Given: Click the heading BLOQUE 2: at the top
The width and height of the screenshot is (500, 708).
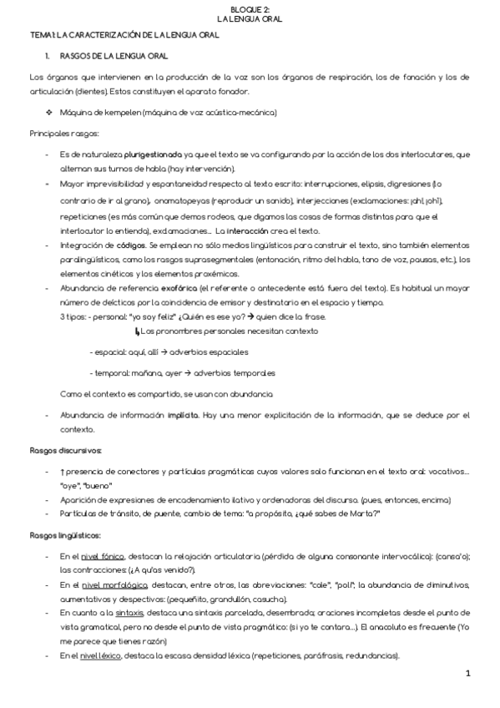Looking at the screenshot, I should [250, 7].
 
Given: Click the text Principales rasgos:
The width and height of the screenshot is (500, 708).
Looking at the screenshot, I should [64, 134].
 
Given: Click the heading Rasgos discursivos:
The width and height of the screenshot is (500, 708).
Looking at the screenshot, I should [65, 452].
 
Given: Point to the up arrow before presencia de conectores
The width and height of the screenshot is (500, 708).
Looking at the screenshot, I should [63, 473].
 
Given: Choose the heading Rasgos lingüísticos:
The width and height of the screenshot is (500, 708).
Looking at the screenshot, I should [65, 534].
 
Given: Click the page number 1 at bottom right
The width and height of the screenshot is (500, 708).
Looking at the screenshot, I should [468, 673].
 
